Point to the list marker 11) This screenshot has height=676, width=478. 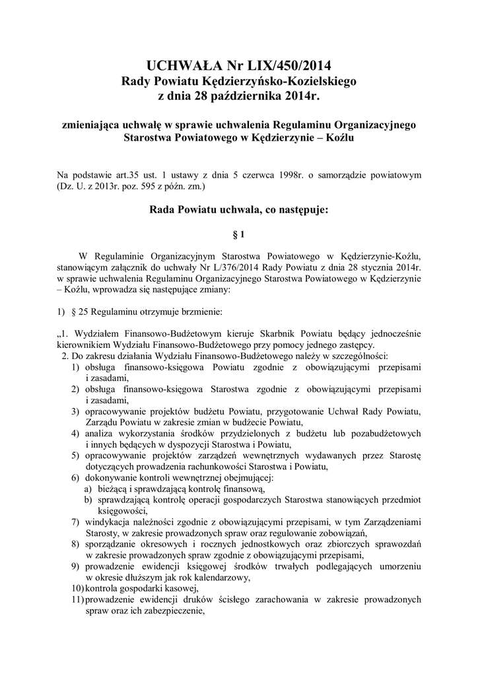pyautogui.click(x=77, y=600)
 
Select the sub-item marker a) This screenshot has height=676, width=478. pyautogui.click(x=87, y=489)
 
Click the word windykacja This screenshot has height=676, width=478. pyautogui.click(x=107, y=522)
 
